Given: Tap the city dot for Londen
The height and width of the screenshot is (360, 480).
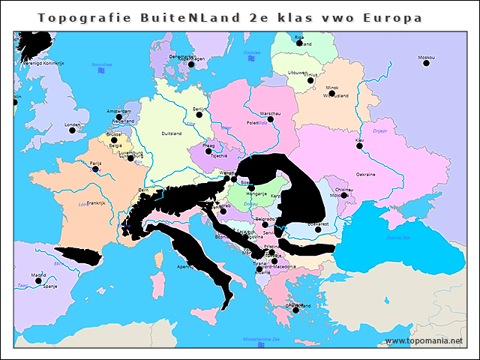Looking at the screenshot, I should pos(73,130).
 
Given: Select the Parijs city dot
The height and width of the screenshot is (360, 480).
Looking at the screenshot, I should pos(94,169).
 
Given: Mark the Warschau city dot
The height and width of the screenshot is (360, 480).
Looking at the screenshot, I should pos(271,118).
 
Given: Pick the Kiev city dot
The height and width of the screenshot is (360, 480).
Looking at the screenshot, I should pos(359,145).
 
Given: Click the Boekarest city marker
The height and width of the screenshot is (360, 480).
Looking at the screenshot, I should pos(318,229).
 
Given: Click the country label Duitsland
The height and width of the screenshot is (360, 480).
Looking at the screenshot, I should pos(172,133).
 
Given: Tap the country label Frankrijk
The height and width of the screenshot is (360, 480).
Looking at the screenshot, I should pos(96,202).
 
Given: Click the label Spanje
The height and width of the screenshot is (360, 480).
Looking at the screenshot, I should pos(49,286).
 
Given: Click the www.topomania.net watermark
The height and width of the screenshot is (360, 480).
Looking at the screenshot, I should pos(424,340).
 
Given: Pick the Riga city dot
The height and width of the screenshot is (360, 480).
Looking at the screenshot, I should pos(299,43).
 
